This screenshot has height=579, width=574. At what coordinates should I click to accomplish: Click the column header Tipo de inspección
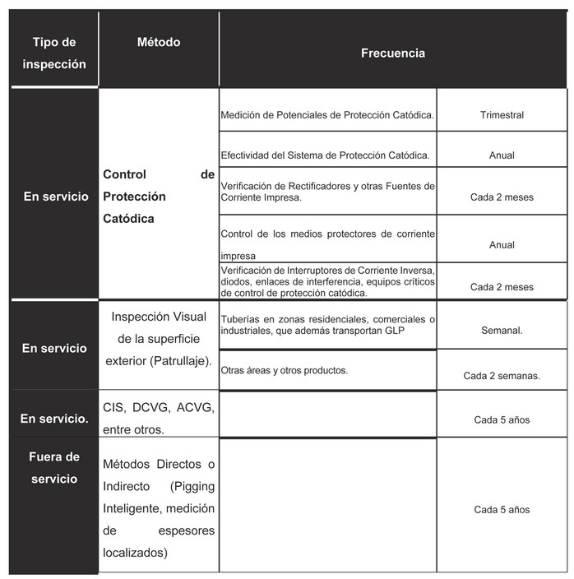coord(53,53)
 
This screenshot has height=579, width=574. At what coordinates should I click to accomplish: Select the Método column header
coord(158,42)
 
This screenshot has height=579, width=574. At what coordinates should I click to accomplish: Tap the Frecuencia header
coord(392,53)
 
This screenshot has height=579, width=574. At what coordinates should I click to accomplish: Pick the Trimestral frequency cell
coord(502,115)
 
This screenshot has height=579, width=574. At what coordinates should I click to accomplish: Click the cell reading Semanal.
coord(502,329)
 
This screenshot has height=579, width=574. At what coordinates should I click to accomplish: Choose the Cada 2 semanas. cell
coord(502,375)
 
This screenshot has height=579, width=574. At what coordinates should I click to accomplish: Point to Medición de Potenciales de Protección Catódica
coord(327,115)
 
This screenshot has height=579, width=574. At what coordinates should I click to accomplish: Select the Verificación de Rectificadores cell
coord(327,192)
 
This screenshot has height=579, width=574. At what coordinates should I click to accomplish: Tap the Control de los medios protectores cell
coord(327,244)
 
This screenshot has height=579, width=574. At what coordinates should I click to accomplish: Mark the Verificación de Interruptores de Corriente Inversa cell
coord(327,281)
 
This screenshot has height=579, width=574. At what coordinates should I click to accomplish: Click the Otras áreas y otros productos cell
coord(285,370)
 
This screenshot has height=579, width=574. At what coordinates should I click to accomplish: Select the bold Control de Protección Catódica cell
coord(158,197)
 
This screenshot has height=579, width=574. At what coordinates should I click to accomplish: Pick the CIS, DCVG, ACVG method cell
coord(158,418)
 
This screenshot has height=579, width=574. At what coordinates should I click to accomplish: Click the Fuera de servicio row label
coord(54,467)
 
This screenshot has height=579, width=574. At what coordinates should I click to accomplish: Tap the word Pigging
coord(194,486)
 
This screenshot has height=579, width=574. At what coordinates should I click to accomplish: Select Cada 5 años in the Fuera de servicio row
coord(502,510)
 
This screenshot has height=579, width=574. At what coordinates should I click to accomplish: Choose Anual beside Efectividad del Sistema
coord(502,155)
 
